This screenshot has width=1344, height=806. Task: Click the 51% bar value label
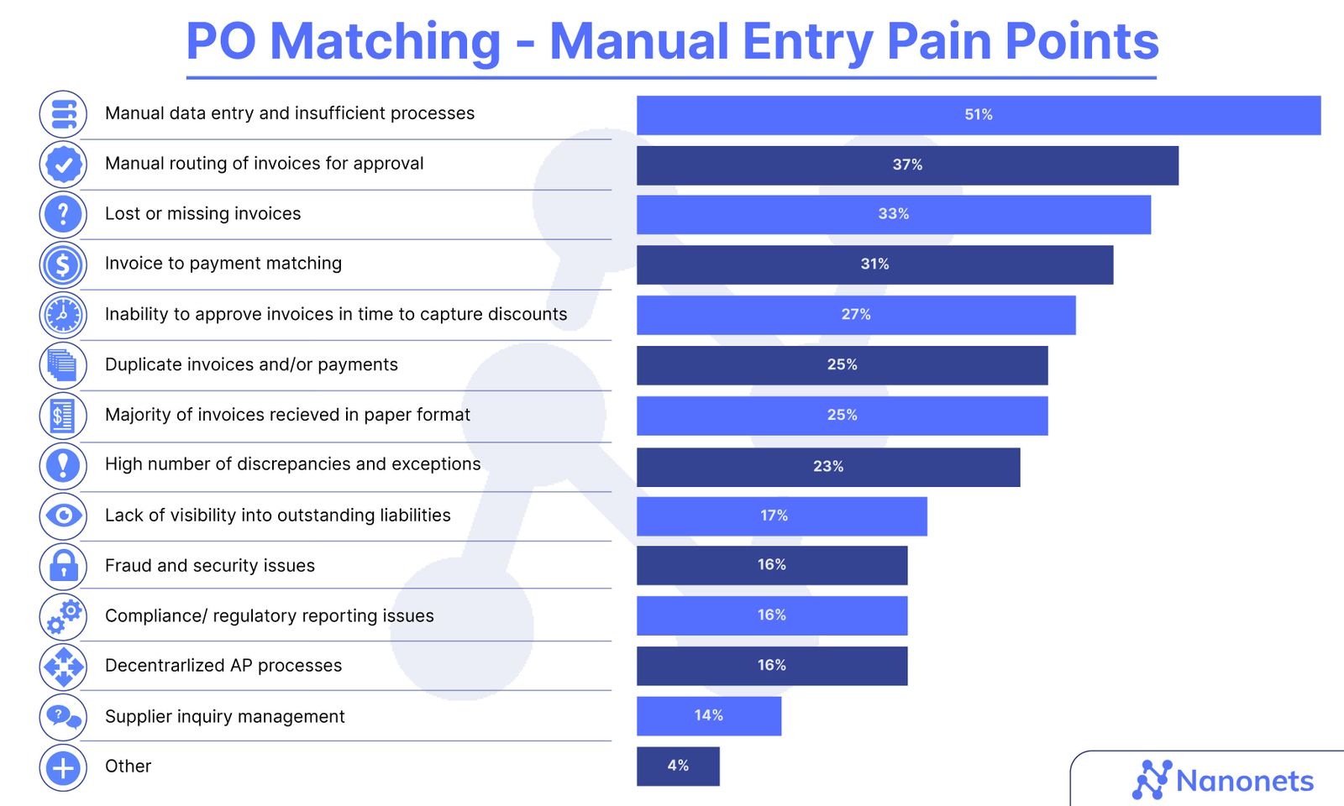coord(978,115)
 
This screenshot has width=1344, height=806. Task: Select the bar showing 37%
coord(907,165)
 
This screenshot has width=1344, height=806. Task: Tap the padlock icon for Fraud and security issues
coord(63,565)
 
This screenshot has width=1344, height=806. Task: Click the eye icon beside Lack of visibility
coord(63,515)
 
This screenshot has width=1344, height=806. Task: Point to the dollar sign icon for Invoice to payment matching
coord(63,264)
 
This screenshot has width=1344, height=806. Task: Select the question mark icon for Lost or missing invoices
coord(63,214)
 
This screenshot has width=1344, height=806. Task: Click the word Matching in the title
coord(386,41)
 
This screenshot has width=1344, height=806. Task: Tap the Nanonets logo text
coord(1244,781)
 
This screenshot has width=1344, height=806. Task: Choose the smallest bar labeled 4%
coord(678,766)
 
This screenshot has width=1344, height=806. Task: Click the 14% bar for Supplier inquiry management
coord(708,715)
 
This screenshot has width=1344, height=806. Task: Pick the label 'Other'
coord(128,766)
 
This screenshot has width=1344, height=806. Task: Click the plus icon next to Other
coord(63,767)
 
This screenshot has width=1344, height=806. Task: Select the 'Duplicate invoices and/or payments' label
coord(251,364)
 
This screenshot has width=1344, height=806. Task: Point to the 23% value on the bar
coord(827,467)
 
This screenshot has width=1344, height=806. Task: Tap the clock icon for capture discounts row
coord(63,315)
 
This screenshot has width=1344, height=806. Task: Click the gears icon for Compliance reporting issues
coord(63,616)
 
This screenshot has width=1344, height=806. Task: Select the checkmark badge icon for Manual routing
coord(63,165)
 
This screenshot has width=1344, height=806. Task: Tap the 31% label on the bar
coord(874,264)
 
